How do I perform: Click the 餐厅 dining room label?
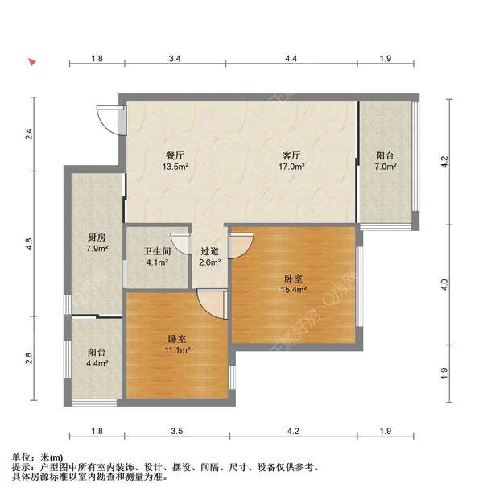(175, 155)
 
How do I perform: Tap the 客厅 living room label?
(291, 155)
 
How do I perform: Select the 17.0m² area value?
(291, 167)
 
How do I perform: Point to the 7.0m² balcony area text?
(386, 167)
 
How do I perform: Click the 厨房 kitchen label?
(97, 238)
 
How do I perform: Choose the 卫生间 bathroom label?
(157, 251)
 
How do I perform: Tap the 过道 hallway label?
(209, 251)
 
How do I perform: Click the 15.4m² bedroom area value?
(293, 290)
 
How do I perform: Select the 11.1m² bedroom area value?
(177, 350)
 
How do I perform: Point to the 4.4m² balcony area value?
(97, 363)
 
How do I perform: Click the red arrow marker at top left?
(32, 62)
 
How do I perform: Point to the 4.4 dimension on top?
(291, 58)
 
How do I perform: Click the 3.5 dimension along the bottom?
(176, 431)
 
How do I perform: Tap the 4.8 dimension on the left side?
(29, 244)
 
